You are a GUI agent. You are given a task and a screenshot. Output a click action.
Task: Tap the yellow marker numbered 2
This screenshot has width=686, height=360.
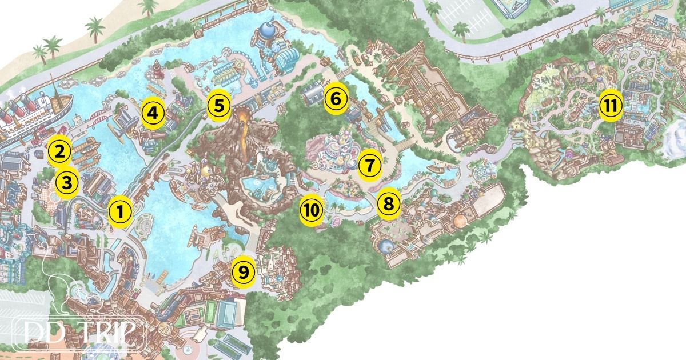59,151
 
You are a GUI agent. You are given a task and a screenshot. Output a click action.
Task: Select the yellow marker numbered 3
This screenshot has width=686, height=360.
67,183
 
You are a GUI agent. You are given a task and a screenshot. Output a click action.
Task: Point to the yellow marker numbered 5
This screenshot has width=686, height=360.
219,105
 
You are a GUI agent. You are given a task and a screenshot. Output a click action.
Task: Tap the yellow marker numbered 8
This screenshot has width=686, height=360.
388,203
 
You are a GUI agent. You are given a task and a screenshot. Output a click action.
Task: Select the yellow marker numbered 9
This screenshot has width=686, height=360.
244,273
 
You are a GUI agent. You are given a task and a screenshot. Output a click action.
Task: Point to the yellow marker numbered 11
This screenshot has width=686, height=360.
610,106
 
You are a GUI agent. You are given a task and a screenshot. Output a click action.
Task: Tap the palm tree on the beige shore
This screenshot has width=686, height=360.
52,46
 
